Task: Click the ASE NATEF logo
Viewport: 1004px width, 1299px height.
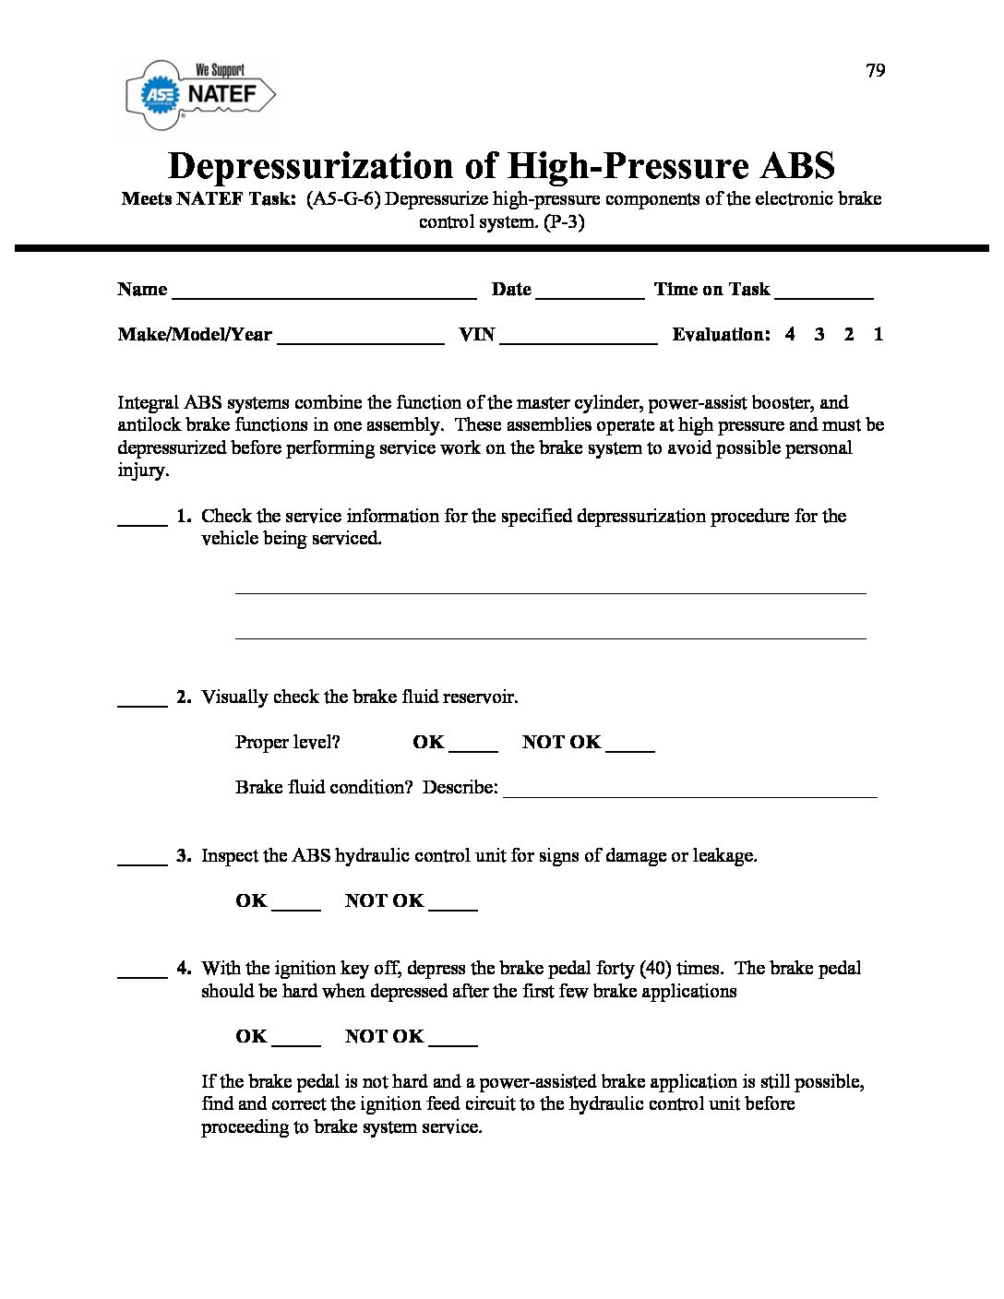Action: (200, 94)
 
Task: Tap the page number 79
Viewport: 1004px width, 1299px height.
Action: (876, 71)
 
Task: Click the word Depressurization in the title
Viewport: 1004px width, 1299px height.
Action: (311, 166)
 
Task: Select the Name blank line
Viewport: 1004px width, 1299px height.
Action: (324, 294)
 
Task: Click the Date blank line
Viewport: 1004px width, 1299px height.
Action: (590, 294)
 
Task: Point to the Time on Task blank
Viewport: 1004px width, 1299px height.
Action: (824, 294)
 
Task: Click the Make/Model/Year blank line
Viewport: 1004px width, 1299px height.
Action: (361, 340)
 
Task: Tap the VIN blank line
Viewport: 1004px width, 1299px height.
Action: (579, 340)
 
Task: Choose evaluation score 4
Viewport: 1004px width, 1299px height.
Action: (790, 335)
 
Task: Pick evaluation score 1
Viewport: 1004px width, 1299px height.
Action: (878, 335)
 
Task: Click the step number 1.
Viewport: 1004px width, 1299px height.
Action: (184, 516)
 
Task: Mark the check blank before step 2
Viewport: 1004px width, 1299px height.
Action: (142, 703)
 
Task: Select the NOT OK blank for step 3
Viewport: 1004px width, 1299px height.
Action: (453, 907)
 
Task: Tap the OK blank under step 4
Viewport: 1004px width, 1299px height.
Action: (297, 1043)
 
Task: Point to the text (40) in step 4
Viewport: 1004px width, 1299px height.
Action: (655, 969)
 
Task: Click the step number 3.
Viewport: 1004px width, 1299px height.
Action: (184, 856)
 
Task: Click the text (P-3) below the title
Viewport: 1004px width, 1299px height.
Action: (563, 222)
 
